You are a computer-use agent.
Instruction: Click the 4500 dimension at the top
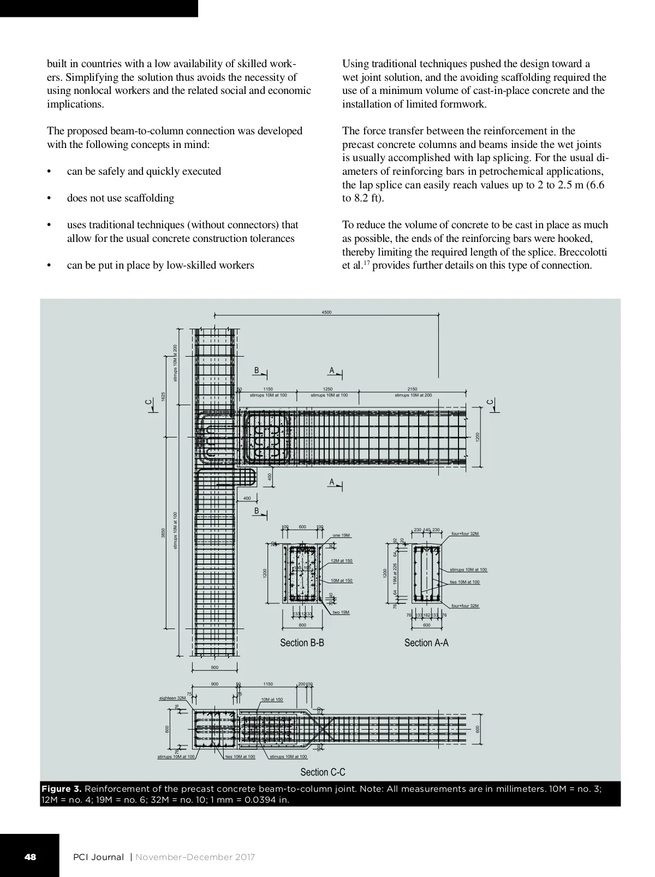326,312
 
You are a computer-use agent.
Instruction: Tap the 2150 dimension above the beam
412,389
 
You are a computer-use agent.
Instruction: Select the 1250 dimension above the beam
327,389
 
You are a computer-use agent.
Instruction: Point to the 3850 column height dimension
163,532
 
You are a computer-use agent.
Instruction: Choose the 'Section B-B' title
302,643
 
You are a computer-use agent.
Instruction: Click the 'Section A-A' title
426,643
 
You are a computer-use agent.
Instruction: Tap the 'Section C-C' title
323,772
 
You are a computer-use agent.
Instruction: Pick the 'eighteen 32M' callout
172,698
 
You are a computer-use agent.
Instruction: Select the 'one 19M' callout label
341,535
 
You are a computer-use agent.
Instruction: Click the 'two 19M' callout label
341,612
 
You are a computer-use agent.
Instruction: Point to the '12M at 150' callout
342,561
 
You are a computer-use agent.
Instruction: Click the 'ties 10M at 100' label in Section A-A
465,582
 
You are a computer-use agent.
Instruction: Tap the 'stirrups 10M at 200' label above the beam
413,395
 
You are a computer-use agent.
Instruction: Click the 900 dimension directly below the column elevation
215,667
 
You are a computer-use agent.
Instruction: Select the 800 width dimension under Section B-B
302,625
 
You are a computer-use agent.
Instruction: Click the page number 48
30,857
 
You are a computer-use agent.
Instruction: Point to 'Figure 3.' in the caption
62,789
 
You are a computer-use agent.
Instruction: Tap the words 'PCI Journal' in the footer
98,857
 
